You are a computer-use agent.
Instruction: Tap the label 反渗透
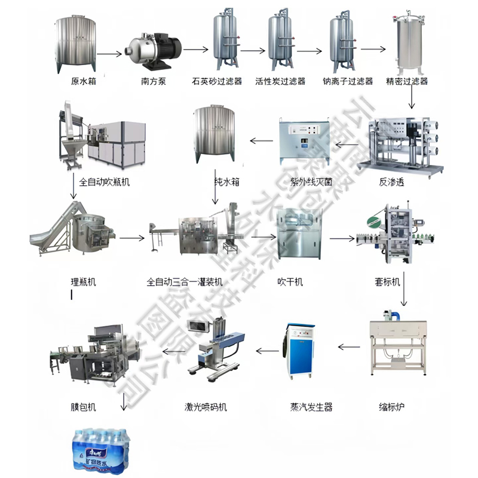pyautogui.click(x=391, y=182)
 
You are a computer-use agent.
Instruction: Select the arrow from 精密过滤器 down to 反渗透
pyautogui.click(x=412, y=97)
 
